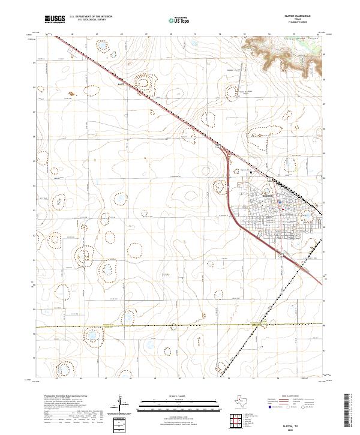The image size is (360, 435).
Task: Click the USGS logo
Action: coord(56,19)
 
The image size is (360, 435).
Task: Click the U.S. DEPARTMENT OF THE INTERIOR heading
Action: coord(91,16)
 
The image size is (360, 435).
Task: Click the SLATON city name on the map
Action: coord(268,196)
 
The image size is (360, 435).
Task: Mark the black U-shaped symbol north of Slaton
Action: coord(251,172)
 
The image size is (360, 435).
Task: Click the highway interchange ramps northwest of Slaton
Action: coord(230,155)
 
